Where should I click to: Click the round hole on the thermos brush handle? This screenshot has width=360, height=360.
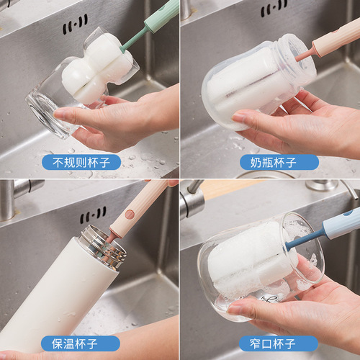pos(130,214)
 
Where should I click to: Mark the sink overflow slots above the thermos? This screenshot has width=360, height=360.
pos(93,215)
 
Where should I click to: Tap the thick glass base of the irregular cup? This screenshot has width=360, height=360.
pos(45,115)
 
